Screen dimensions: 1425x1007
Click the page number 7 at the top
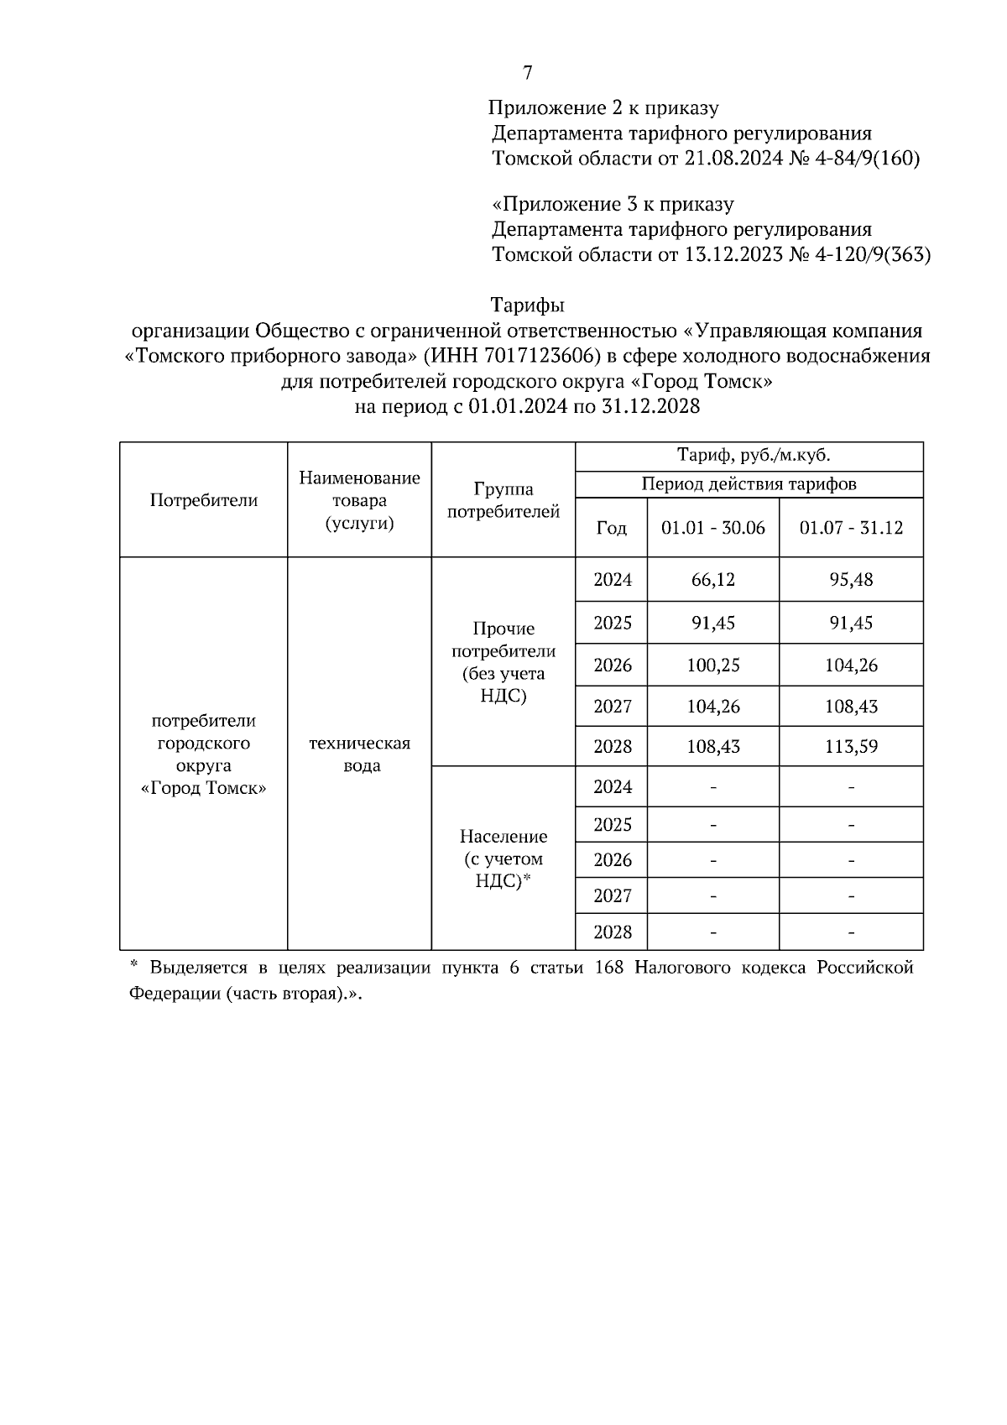click(527, 74)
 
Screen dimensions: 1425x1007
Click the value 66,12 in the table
click(713, 580)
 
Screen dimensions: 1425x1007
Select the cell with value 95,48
click(851, 580)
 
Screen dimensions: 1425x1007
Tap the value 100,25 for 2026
click(713, 666)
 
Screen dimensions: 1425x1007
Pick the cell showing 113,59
click(851, 746)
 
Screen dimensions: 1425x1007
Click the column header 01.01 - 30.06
click(713, 528)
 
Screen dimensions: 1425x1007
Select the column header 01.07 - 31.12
click(851, 528)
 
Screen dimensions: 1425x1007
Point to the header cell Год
click(611, 528)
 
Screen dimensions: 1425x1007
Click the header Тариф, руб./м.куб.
click(749, 457)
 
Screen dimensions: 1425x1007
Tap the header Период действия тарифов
click(749, 484)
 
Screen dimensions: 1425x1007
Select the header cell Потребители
click(204, 500)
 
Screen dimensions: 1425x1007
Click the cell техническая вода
click(360, 754)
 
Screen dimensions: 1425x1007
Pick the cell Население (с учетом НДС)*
click(503, 859)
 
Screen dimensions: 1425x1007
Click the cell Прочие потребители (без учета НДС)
click(503, 662)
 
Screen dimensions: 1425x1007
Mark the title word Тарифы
click(527, 305)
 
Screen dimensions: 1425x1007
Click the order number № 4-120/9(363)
click(860, 255)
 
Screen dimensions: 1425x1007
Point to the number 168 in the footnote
click(608, 968)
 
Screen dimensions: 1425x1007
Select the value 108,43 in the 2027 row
click(851, 707)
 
